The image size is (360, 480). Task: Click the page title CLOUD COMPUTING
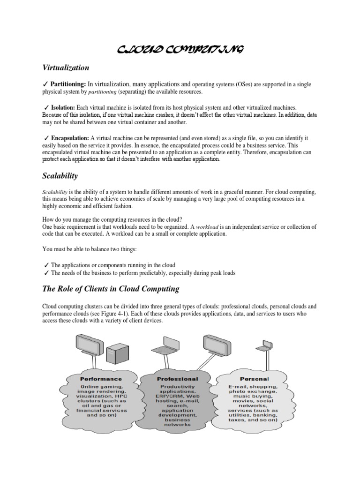[180, 50]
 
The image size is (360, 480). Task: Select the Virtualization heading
[66, 67]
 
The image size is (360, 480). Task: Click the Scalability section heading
[60, 176]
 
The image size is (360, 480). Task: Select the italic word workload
[209, 226]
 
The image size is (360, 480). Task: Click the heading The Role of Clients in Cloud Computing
[111, 289]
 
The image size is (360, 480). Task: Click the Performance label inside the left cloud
[101, 378]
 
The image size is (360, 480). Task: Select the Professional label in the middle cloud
[177, 378]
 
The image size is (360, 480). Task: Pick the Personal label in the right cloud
[254, 378]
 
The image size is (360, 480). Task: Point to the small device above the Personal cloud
[263, 347]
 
